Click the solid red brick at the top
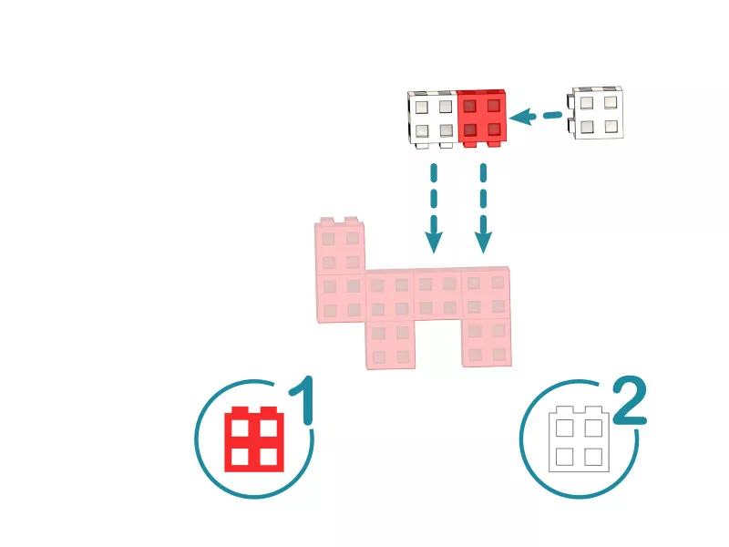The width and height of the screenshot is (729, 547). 482,119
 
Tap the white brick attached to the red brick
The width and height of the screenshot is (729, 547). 432,119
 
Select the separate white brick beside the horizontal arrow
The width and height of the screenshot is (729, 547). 596,112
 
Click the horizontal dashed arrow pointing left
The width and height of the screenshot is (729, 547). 536,116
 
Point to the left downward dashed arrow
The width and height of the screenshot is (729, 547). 434,208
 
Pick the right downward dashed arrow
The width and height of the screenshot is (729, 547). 483,208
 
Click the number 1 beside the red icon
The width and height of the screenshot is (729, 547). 302,400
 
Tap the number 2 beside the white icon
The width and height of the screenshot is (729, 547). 630,400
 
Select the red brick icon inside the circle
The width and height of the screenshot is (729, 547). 254,439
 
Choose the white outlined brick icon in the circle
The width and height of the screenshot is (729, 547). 579,439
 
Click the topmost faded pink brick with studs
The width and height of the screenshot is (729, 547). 340,246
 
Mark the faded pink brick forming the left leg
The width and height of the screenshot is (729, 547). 390,345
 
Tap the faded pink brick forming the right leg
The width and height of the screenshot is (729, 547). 487,343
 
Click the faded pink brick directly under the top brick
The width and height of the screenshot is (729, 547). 341,298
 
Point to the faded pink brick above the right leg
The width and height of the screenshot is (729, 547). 486,293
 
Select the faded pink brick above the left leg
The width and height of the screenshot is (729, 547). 390,295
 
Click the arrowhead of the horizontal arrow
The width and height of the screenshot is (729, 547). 520,117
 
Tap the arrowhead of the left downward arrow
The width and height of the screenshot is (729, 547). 434,242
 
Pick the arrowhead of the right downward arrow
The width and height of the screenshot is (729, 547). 483,242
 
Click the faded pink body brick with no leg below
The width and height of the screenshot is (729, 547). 437,294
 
